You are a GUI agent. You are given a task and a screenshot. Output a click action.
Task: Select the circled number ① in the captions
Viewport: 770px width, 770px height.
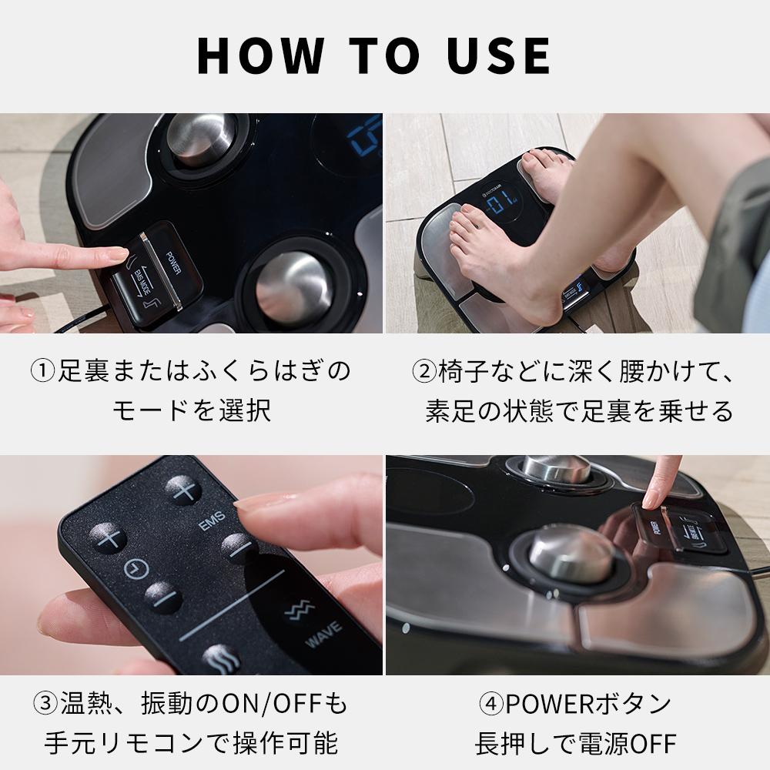pos(42,371)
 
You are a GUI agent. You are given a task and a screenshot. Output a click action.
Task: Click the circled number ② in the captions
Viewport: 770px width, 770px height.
pos(424,371)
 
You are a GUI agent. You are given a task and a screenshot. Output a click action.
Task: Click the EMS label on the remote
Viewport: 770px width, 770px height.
pos(212,524)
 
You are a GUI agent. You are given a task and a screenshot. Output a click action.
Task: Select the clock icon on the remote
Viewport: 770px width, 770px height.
pos(136,569)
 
